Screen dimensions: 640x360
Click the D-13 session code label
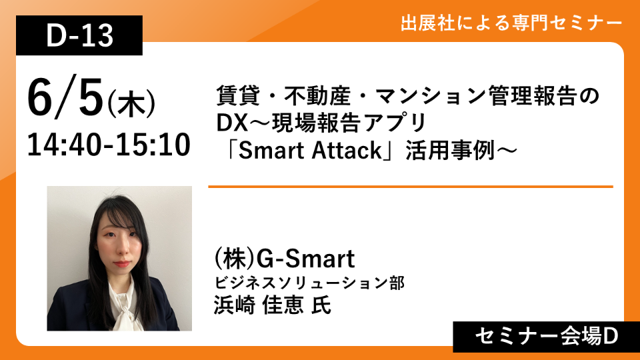click(79, 35)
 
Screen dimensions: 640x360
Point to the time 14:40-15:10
click(109, 145)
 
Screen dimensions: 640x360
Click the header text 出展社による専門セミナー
click(511, 23)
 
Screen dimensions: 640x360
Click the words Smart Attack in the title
click(310, 150)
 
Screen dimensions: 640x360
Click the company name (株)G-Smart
click(285, 259)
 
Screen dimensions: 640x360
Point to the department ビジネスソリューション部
click(309, 283)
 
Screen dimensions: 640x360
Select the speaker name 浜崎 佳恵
click(259, 305)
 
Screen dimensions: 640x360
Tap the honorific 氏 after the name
click(321, 305)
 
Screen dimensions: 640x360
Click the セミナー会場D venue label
click(547, 337)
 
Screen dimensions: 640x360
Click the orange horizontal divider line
click(411, 187)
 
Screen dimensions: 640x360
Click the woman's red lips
click(121, 264)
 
